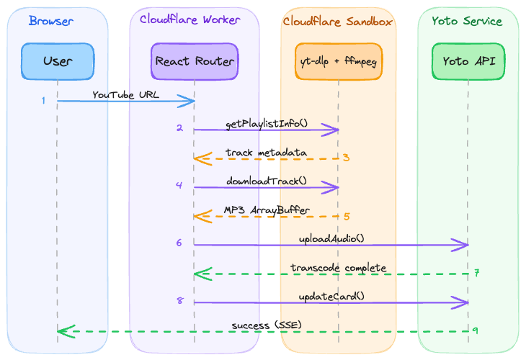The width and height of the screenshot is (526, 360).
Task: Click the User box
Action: [x=58, y=61]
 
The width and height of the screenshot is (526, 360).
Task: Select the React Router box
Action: [x=195, y=61]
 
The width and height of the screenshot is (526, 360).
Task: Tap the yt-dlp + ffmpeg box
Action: [x=339, y=61]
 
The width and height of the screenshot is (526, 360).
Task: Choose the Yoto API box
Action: [x=468, y=61]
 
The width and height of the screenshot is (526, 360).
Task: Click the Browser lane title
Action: [x=51, y=21]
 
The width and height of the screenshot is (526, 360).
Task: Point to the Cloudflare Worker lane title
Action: [x=190, y=20]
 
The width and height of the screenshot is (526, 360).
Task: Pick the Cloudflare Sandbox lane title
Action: [x=337, y=22]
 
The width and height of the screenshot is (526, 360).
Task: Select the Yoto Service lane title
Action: [x=467, y=21]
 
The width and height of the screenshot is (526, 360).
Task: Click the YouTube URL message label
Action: [x=125, y=95]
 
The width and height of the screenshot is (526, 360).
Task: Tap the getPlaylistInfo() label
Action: [x=267, y=124]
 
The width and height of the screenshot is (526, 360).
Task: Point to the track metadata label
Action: [x=266, y=153]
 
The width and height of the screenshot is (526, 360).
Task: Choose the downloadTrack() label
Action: [x=266, y=181]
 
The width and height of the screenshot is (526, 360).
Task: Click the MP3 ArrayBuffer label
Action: [x=267, y=210]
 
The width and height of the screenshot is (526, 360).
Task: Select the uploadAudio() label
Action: [x=331, y=238]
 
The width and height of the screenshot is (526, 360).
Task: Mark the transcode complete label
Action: [x=339, y=268]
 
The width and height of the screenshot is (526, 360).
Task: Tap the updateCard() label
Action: [x=331, y=296]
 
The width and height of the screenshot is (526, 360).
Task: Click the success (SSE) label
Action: [x=267, y=325]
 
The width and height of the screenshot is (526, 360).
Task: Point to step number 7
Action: [x=477, y=274]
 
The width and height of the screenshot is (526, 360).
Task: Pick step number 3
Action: [x=346, y=158]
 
